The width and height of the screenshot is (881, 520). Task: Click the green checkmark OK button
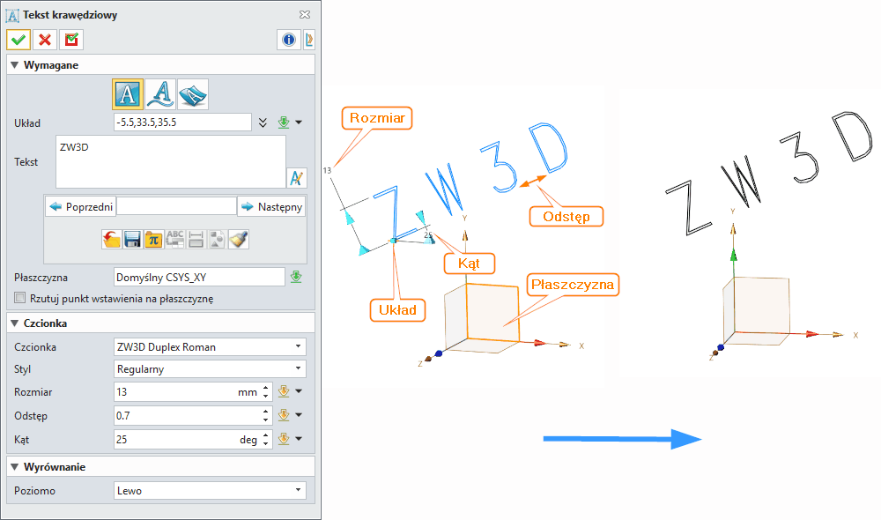19,40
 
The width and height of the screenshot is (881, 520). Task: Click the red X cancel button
45,40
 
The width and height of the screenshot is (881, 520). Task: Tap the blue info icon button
288,40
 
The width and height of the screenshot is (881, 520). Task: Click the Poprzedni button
80,206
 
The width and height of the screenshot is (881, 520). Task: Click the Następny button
271,206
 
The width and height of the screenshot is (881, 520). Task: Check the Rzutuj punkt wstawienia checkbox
21,298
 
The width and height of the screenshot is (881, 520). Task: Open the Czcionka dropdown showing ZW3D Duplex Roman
210,346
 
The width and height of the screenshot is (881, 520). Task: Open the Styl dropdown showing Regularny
210,369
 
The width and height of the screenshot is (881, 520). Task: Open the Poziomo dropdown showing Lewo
210,490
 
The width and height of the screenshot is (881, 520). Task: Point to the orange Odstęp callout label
567,216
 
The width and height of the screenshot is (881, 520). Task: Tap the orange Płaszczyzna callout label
574,285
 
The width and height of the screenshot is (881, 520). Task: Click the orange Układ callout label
398,309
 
